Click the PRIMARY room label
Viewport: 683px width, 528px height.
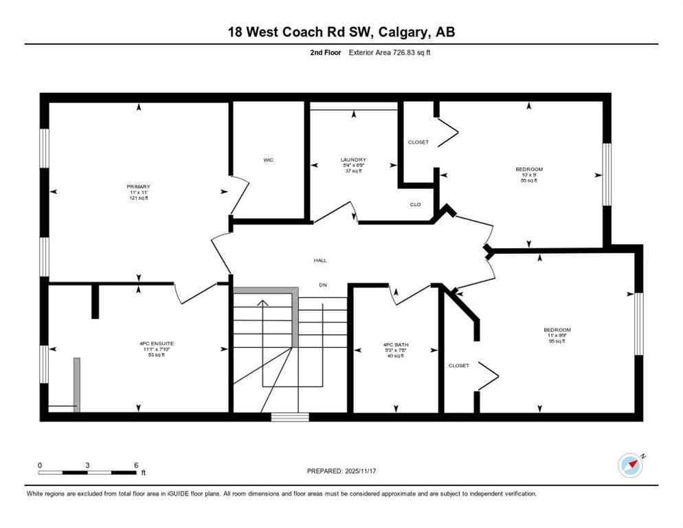(138, 186)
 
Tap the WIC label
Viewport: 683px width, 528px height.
(269, 160)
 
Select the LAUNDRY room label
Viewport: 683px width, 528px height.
(353, 159)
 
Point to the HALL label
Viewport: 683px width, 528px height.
(320, 261)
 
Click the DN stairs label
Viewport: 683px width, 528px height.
(322, 285)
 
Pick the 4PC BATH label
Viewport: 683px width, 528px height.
(396, 344)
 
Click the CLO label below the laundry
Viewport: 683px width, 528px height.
(415, 204)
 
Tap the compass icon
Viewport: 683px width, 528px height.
(630, 465)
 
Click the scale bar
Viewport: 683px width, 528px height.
(87, 472)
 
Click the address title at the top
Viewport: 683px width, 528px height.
(341, 32)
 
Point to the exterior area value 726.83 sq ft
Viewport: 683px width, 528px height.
(410, 52)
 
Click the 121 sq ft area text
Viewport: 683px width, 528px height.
(138, 198)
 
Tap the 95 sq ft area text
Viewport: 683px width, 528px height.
(557, 341)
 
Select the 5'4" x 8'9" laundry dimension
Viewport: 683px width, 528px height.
(353, 165)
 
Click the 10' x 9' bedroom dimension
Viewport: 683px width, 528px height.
(529, 175)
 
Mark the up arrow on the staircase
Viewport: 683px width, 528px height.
(262, 302)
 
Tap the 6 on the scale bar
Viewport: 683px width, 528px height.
(136, 465)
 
